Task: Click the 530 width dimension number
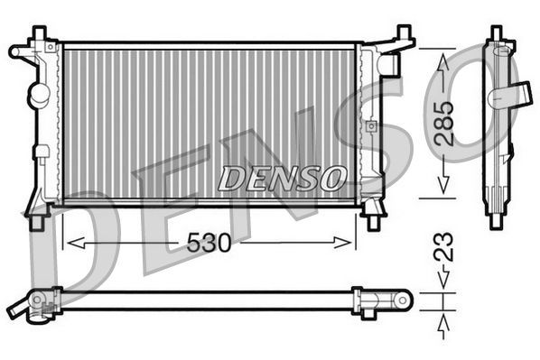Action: [x=209, y=244]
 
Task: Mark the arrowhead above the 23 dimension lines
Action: [x=442, y=282]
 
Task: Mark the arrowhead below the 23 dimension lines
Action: [x=442, y=321]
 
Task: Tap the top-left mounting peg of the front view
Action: [x=38, y=34]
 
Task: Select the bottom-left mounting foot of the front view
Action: [x=38, y=217]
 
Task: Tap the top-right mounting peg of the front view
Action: [x=400, y=37]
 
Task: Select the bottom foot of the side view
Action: [x=496, y=219]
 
